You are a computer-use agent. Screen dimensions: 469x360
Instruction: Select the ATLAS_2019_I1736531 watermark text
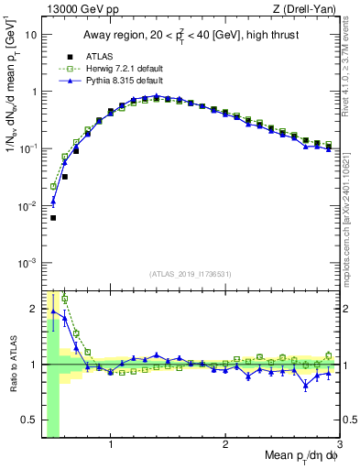(190, 274)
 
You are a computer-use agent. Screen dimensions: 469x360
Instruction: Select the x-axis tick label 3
(338, 445)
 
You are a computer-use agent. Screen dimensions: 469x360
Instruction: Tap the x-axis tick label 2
(225, 445)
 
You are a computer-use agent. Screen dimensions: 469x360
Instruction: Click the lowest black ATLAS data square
(53, 218)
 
